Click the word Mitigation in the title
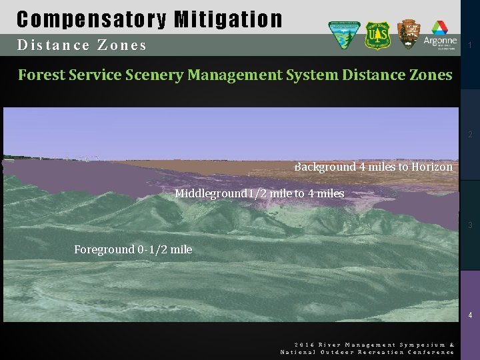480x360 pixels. (228, 19)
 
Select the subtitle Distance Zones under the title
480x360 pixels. (82, 45)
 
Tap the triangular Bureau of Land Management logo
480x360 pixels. (344, 35)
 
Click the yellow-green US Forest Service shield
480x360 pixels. (377, 35)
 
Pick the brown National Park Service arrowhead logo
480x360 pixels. (409, 34)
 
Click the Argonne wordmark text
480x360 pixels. (440, 41)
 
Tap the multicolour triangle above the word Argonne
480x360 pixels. (440, 27)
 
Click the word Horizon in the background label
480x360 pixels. (432, 167)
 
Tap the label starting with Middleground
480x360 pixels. (259, 193)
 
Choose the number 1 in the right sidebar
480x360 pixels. (471, 45)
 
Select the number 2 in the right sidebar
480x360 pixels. (471, 135)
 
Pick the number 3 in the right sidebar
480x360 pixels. (471, 225)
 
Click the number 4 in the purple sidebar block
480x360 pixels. (471, 315)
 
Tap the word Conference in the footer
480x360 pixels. (431, 351)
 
